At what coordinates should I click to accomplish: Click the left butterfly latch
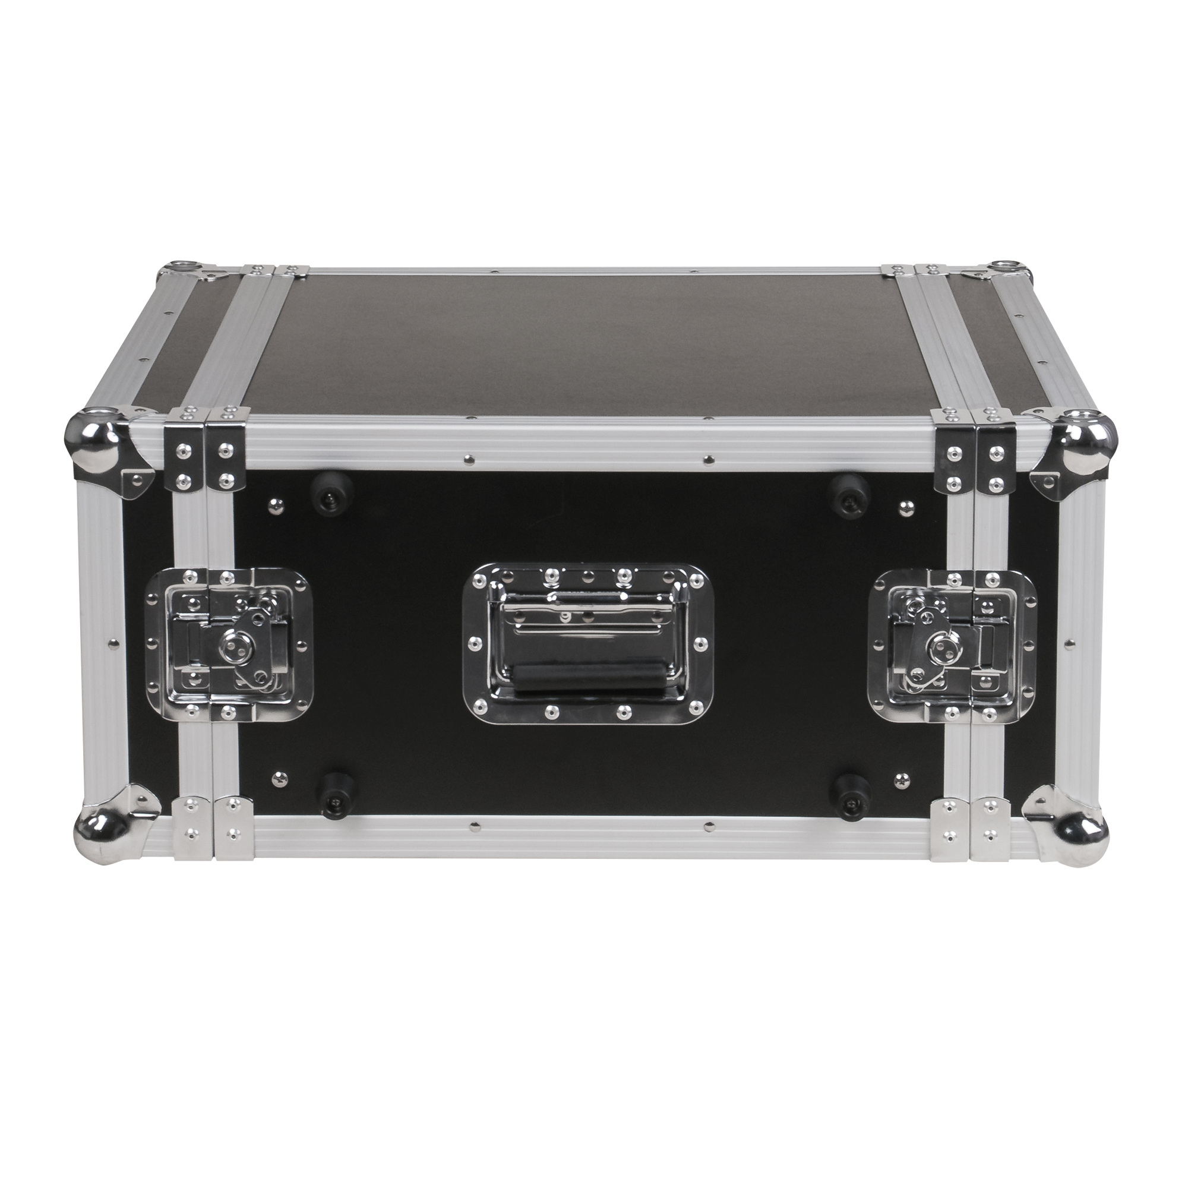pyautogui.click(x=229, y=644)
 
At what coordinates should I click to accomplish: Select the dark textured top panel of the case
pyautogui.click(x=590, y=345)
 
